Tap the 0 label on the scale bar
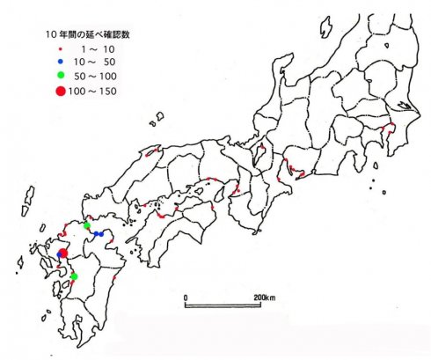tap(186, 297)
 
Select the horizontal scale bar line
tap(224, 305)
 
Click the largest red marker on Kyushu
tap(63, 253)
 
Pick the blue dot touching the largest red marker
tap(59, 254)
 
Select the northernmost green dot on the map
tap(86, 226)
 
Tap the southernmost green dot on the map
tap(74, 276)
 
